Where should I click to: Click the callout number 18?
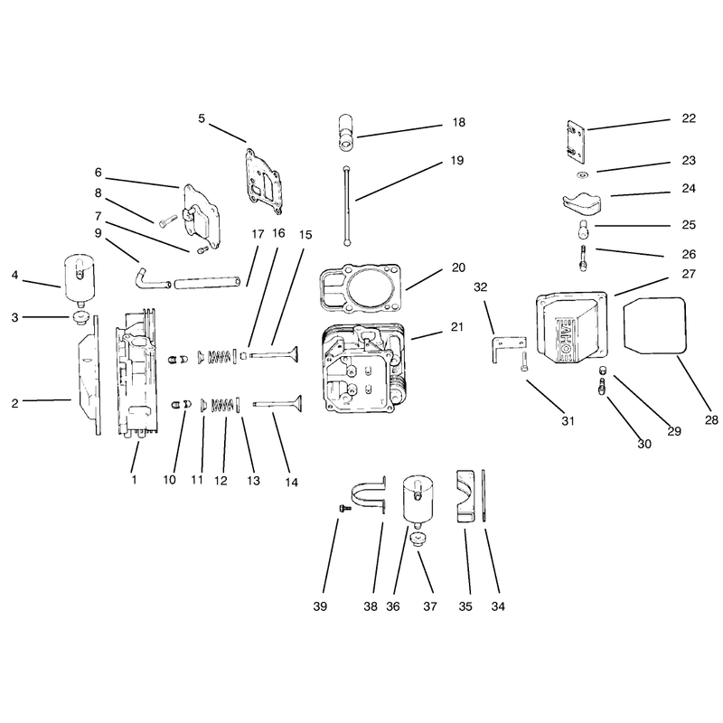pos(458,122)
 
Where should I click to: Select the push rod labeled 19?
pos(346,205)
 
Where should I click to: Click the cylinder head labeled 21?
pos(364,368)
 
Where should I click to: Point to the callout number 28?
pos(711,419)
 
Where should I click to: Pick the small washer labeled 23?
pos(583,174)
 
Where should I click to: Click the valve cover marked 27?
pos(571,327)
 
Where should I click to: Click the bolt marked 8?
pos(168,221)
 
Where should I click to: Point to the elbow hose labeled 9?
pos(152,278)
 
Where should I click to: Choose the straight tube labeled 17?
pos(207,282)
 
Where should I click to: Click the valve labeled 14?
pos(277,404)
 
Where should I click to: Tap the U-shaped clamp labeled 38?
pos(370,494)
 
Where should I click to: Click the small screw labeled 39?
pos(344,508)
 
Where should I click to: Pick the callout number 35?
pos(465,606)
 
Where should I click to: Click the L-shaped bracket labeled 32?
pos(507,349)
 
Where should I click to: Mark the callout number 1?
pos(134,480)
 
